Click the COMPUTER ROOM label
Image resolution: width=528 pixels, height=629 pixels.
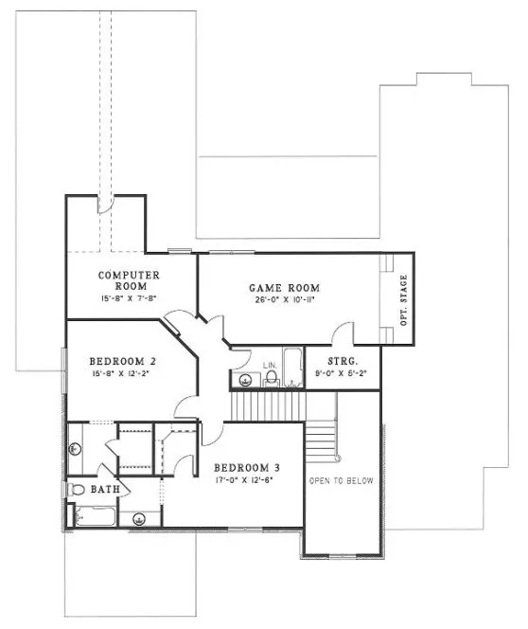point(129,280)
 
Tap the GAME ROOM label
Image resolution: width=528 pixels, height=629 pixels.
point(284,288)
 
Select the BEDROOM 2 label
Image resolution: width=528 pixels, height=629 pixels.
point(122,361)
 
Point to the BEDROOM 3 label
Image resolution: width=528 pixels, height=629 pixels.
point(246,468)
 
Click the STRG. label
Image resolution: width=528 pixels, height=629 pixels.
point(341,361)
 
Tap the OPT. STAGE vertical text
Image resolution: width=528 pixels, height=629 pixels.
point(403,300)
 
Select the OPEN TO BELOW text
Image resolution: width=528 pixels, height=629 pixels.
point(342,481)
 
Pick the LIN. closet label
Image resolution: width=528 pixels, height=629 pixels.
point(269,364)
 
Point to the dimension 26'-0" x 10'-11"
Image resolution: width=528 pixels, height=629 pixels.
point(285,300)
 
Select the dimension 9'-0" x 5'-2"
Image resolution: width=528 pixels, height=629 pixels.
point(341,372)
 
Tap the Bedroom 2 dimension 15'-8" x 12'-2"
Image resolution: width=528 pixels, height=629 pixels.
point(122,373)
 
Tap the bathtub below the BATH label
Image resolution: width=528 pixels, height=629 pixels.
point(95,517)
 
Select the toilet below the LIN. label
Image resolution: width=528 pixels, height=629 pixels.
point(271,379)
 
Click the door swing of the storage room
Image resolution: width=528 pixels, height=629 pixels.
point(343,334)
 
